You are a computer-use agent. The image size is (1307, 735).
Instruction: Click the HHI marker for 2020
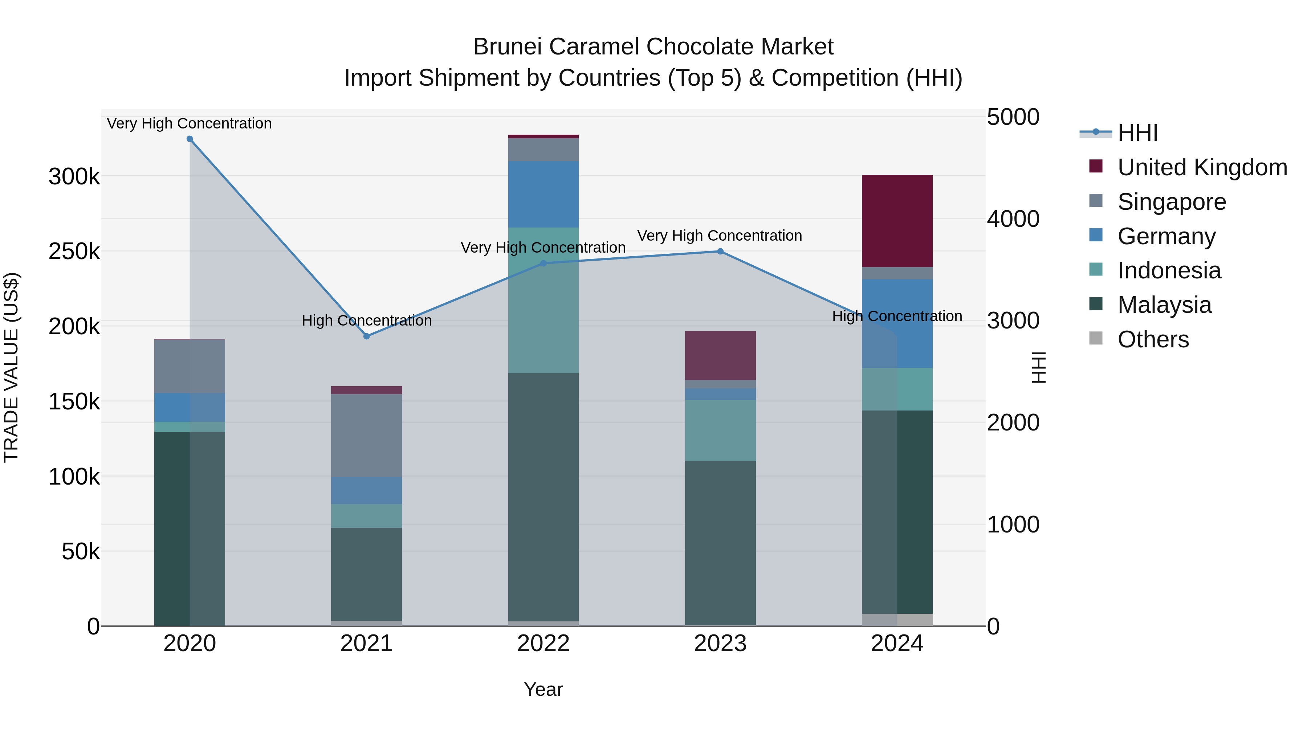[190, 139]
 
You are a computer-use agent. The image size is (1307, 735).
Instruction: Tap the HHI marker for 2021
[367, 336]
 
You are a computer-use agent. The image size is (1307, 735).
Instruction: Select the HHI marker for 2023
[720, 252]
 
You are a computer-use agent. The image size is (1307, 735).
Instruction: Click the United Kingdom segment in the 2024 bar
[897, 221]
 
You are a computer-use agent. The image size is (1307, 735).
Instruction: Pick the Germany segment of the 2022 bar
[543, 194]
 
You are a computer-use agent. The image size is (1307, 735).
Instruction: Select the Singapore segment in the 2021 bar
[367, 435]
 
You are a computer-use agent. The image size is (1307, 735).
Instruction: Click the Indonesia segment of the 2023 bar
[720, 430]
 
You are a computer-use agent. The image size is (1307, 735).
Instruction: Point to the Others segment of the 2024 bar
[897, 620]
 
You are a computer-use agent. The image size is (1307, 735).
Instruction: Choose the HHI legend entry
[1136, 133]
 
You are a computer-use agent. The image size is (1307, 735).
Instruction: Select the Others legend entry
[1152, 339]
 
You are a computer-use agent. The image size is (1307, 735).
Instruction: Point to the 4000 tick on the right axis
[1013, 219]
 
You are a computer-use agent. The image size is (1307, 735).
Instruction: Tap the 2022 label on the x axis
[543, 644]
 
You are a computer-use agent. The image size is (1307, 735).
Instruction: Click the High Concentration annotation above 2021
[367, 320]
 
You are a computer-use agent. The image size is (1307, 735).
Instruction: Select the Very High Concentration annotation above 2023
[720, 236]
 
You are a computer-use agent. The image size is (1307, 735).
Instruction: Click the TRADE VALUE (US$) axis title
[11, 367]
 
